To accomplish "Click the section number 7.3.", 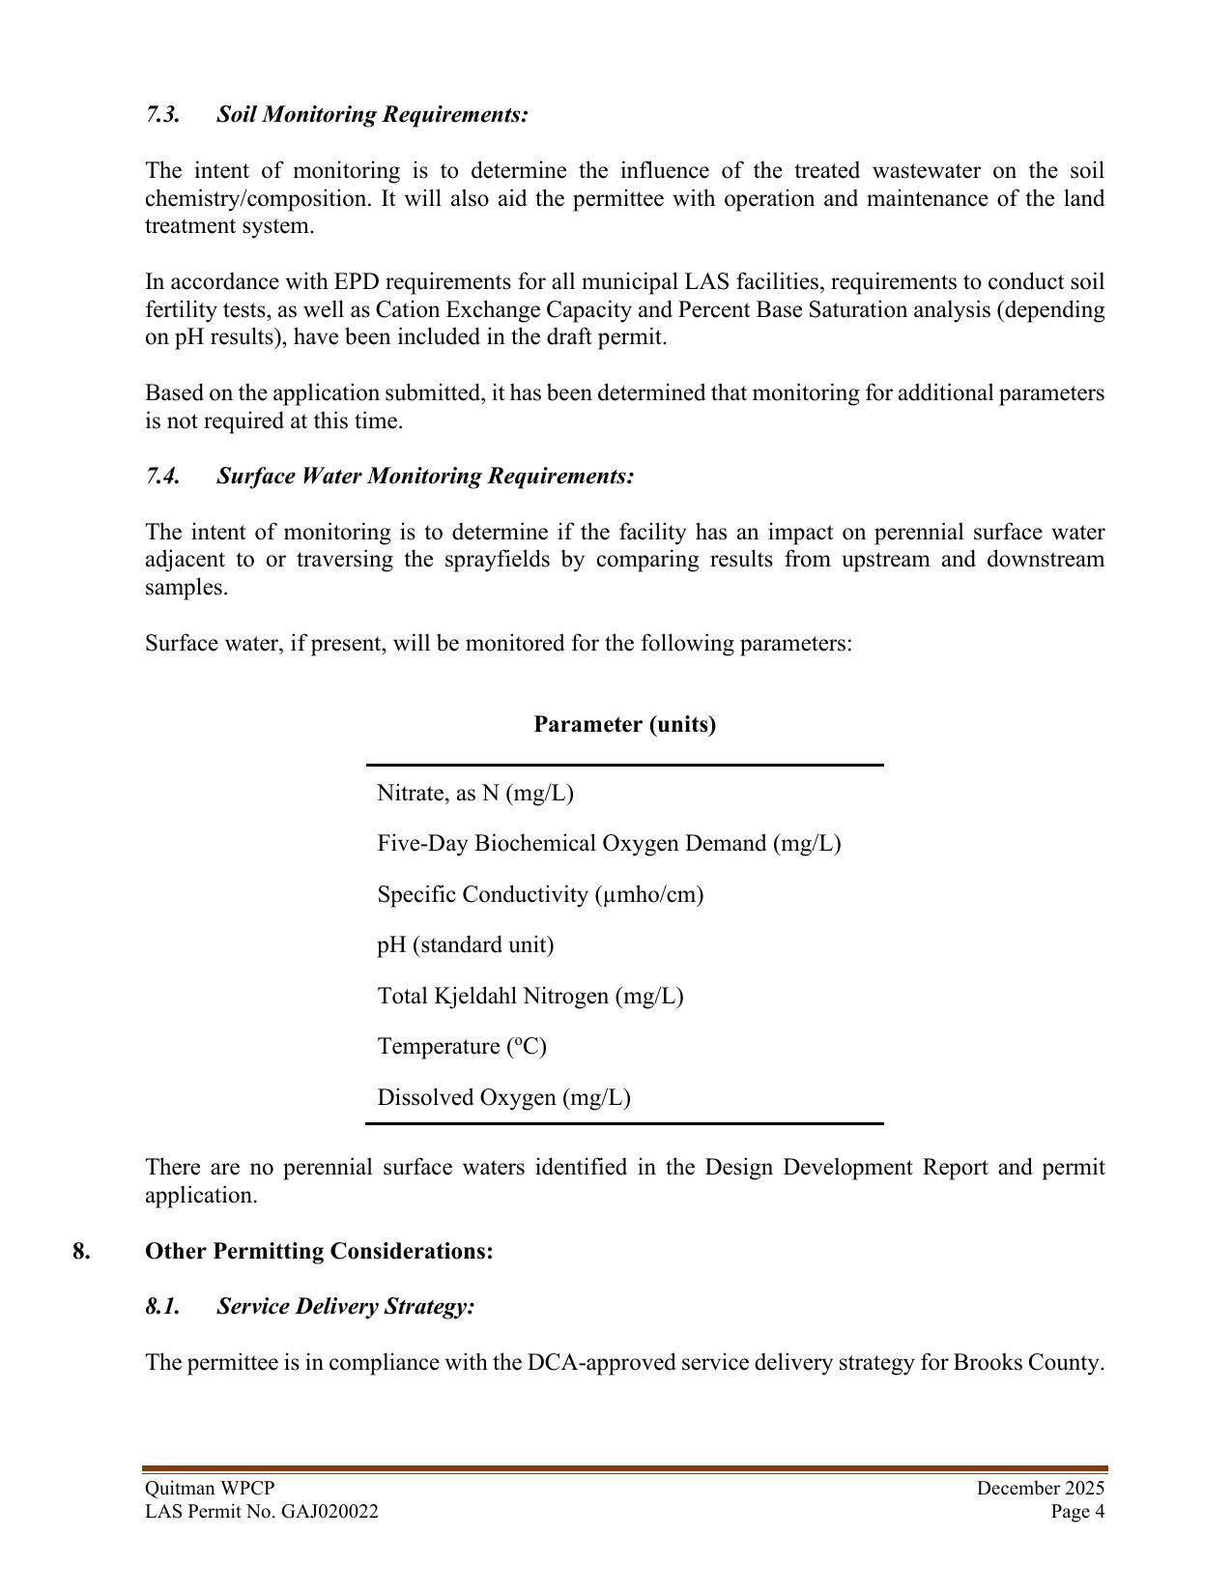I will (162, 114).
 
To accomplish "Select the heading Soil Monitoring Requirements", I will (372, 114).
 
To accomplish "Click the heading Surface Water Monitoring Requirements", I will (425, 476).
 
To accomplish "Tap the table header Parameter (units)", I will (624, 724).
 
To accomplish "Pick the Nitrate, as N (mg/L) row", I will (474, 793).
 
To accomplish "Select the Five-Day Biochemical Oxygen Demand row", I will (609, 843).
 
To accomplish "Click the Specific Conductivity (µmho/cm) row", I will (540, 894).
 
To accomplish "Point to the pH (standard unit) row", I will (465, 944).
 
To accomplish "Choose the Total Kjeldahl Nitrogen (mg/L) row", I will (530, 996).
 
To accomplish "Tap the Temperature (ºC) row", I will (461, 1046).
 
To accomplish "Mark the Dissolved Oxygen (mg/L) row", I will (503, 1097).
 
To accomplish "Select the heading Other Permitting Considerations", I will (319, 1251).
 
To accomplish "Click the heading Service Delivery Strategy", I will (345, 1306).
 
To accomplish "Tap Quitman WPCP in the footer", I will (210, 1488).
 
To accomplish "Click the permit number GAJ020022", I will (329, 1511).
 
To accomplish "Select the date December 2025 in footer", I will (1040, 1488).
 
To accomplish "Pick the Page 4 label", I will (1077, 1511).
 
